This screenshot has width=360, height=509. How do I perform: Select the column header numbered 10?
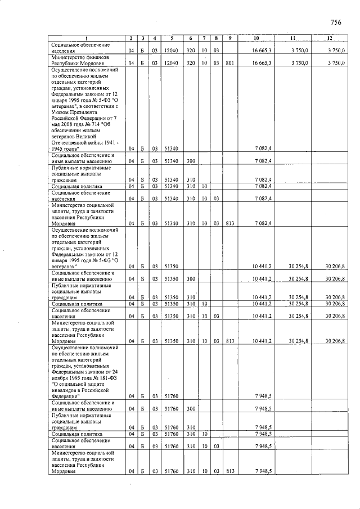256,38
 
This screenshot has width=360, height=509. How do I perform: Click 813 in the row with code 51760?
230,471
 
